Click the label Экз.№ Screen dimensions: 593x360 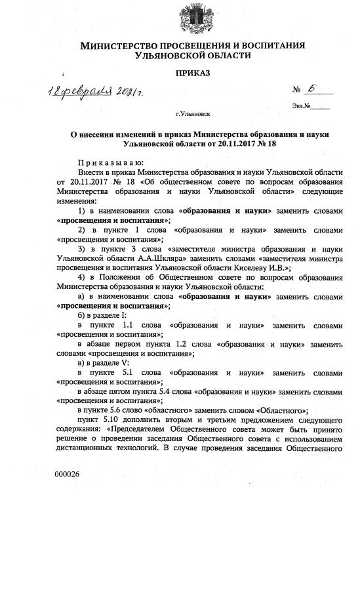(x=302, y=105)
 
